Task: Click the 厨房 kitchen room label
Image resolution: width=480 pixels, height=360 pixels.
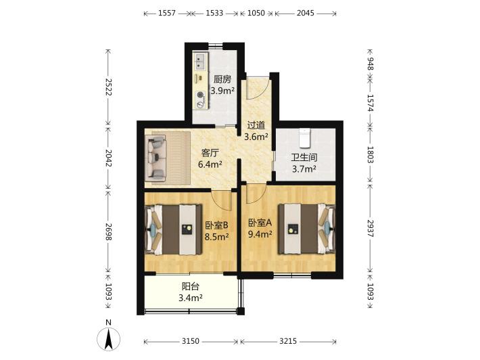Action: [x=222, y=79]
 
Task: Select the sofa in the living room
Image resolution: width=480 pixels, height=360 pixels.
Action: [x=156, y=158]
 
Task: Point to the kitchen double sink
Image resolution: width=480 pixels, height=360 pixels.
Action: [x=199, y=61]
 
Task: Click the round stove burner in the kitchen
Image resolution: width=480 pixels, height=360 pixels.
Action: [x=201, y=95]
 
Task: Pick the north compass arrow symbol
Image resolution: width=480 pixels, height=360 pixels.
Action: [x=108, y=339]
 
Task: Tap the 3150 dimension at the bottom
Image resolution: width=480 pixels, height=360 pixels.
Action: [x=191, y=341]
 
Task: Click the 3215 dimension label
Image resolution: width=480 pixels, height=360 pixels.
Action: [x=288, y=341]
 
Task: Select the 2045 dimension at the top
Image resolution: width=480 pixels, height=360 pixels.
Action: [x=305, y=13]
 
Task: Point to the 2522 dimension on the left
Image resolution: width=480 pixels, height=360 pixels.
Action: [x=108, y=87]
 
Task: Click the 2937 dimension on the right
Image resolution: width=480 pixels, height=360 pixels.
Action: [x=370, y=228]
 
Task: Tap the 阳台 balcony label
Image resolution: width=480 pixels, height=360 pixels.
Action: [x=191, y=286]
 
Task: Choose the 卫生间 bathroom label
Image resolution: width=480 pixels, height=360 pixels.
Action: [x=304, y=158]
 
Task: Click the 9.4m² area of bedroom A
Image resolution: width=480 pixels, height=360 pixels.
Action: [x=260, y=234]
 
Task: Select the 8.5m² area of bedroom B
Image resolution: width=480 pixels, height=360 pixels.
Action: [x=217, y=236]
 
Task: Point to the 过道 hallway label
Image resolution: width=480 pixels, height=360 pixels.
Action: [x=256, y=125]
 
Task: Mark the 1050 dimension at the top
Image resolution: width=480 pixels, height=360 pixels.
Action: [x=256, y=13]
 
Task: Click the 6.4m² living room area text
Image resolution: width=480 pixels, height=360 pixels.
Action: [x=210, y=164]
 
